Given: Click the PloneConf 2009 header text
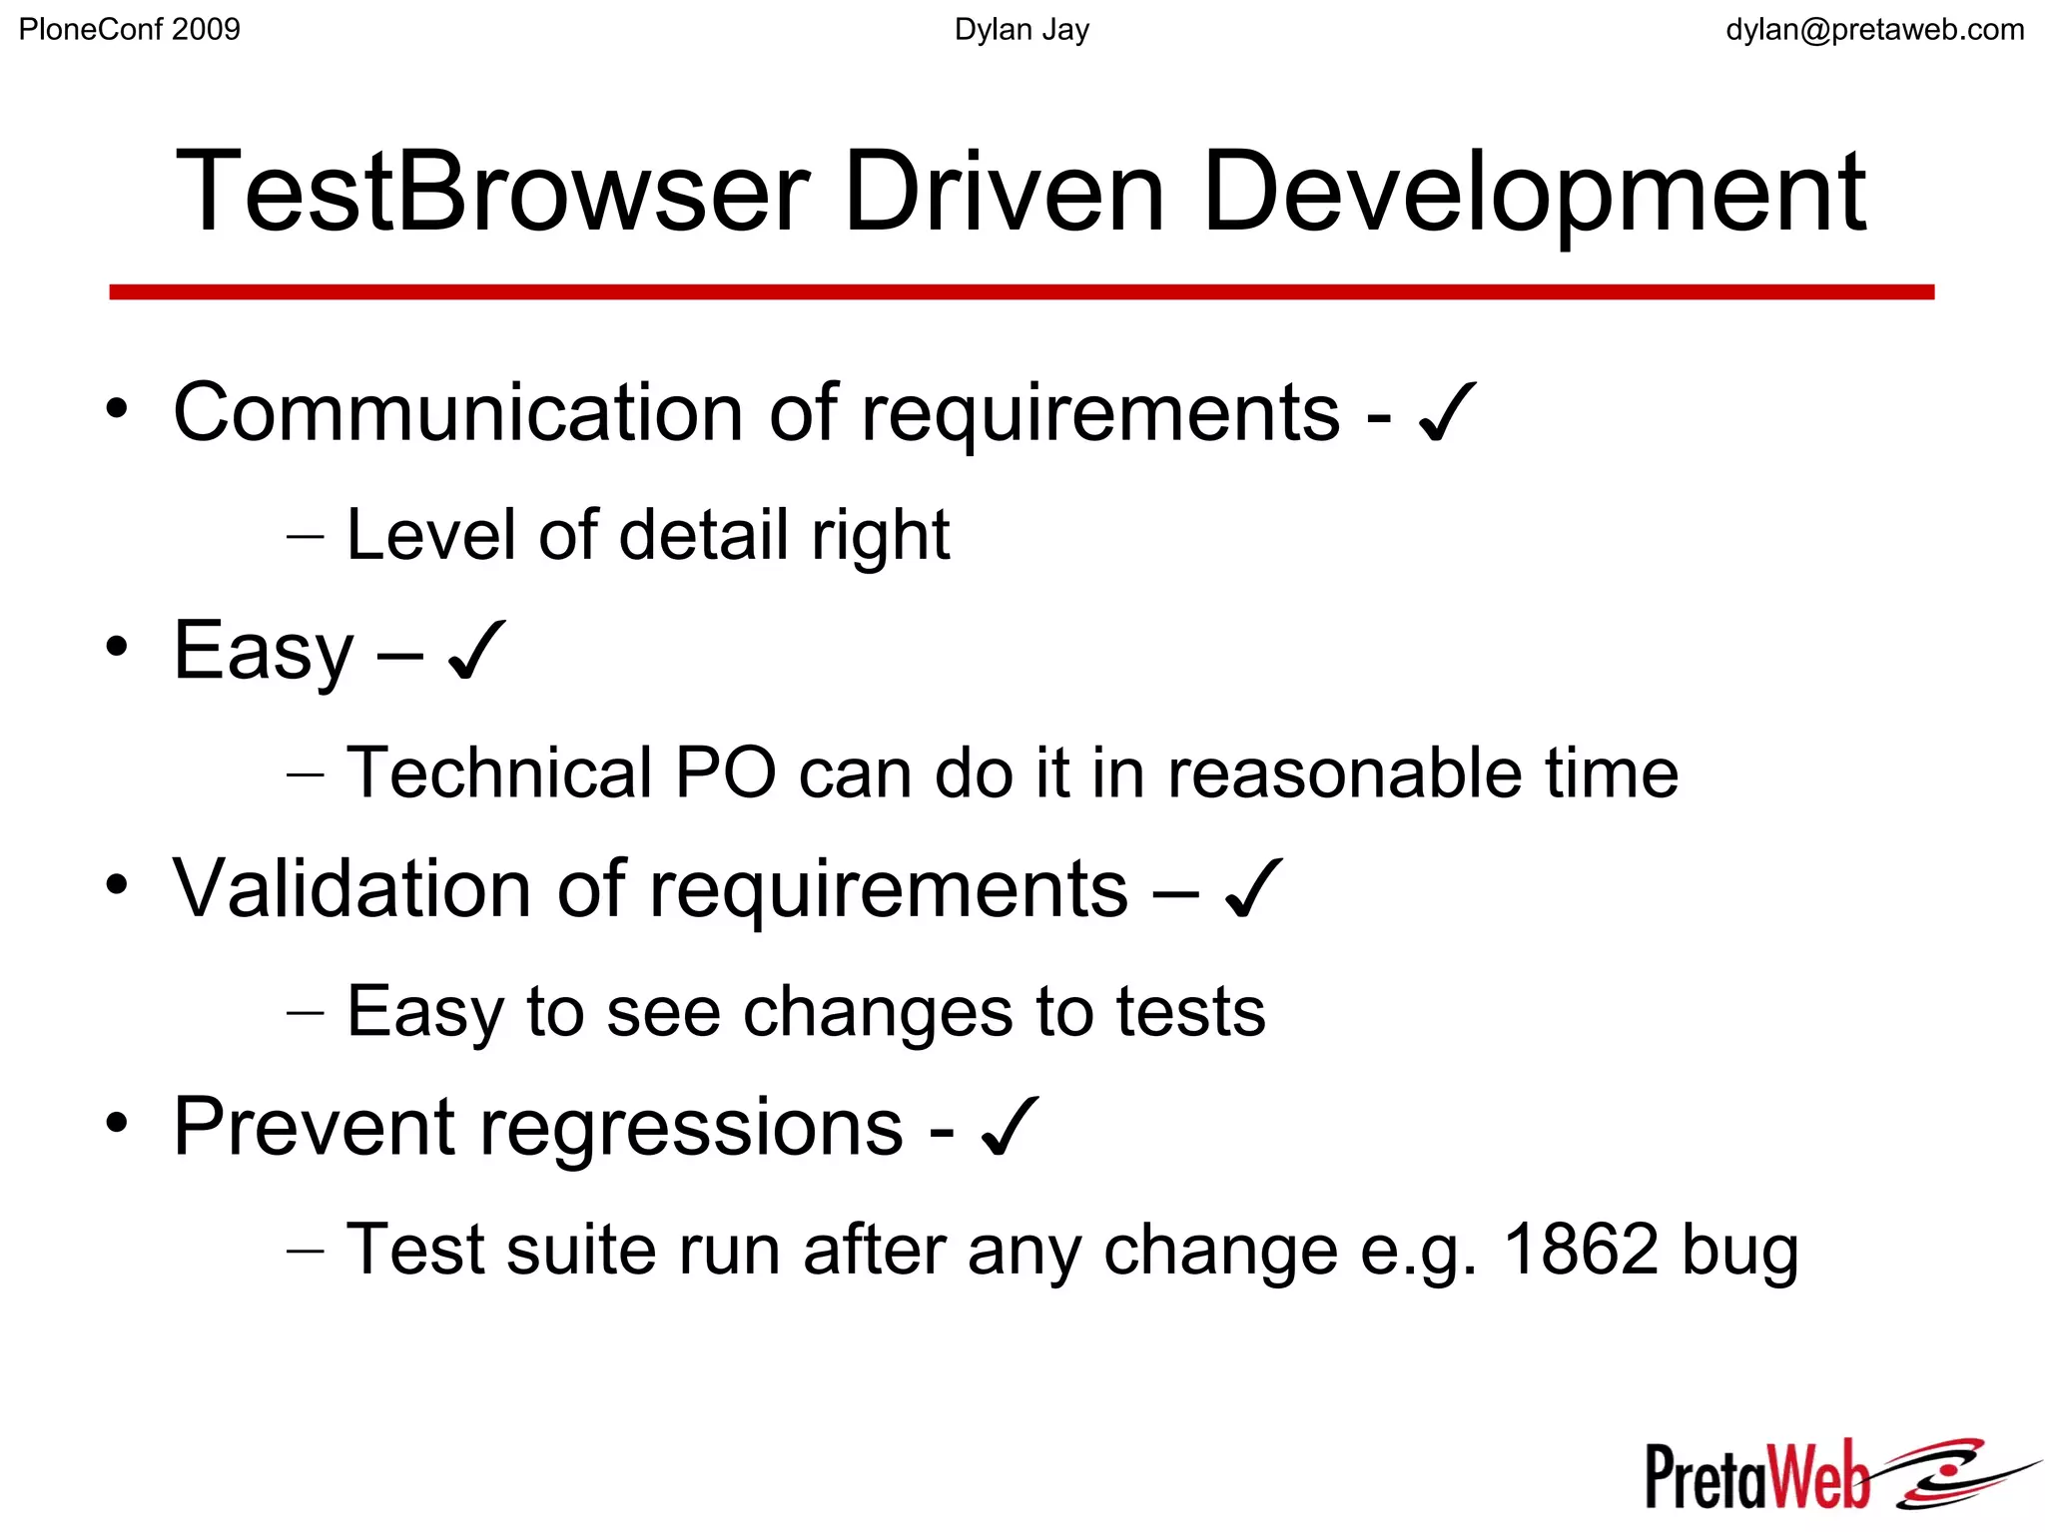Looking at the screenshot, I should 130,29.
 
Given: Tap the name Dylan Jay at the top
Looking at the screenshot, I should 1022,29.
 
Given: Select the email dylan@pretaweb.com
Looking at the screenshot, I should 1874,29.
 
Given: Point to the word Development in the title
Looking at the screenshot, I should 1534,192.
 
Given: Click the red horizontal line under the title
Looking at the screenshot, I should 1022,291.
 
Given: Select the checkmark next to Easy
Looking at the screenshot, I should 476,651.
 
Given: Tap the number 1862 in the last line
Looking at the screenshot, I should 1581,1249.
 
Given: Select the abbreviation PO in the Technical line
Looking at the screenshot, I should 725,772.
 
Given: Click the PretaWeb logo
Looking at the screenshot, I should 1807,1473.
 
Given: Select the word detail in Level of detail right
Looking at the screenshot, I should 703,535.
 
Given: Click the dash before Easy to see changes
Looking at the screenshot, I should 306,1012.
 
